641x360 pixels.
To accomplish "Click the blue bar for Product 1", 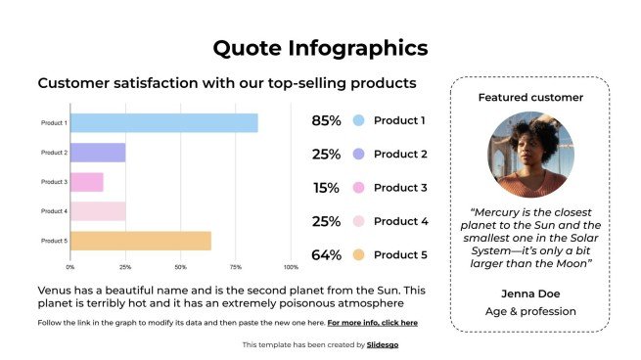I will pyautogui.click(x=163, y=123).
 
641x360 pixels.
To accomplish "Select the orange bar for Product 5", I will pyautogui.click(x=140, y=241).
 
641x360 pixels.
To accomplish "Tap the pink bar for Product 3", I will pyautogui.click(x=86, y=182).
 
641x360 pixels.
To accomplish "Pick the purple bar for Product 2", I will pyautogui.click(x=98, y=153).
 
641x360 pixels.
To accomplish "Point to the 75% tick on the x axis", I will pyautogui.click(x=236, y=266).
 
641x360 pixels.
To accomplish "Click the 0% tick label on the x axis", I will pyautogui.click(x=70, y=266).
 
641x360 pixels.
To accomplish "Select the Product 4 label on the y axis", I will pyautogui.click(x=54, y=211).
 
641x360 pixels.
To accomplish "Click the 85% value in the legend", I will pyautogui.click(x=326, y=121).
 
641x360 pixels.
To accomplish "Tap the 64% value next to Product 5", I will pyautogui.click(x=326, y=255).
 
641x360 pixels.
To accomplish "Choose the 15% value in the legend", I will pyautogui.click(x=326, y=188).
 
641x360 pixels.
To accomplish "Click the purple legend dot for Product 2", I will pyautogui.click(x=359, y=155).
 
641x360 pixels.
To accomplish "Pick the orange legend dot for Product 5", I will pyautogui.click(x=359, y=255).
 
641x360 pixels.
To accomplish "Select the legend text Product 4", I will pyautogui.click(x=400, y=222).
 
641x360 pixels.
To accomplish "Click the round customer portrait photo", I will pyautogui.click(x=529, y=154).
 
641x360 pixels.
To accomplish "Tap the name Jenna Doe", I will pyautogui.click(x=529, y=293).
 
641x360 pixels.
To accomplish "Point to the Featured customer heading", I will pyautogui.click(x=529, y=98).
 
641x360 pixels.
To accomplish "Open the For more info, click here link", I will pyautogui.click(x=372, y=323).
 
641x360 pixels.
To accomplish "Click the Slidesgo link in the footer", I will pyautogui.click(x=383, y=345).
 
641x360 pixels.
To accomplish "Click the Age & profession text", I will pyautogui.click(x=529, y=312).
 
